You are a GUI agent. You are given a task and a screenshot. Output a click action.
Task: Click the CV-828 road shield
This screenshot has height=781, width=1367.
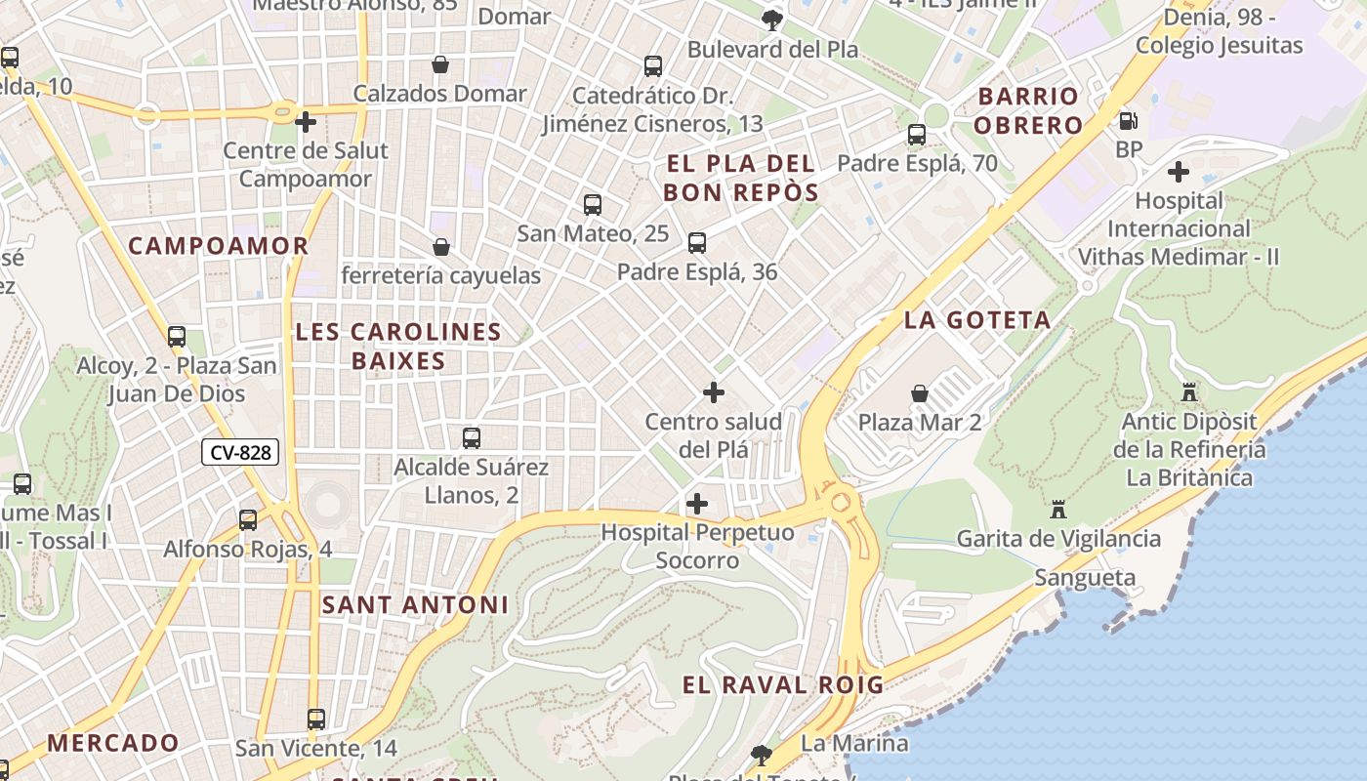coord(240,452)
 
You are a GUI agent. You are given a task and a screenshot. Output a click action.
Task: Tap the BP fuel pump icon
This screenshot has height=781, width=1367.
coord(1128,121)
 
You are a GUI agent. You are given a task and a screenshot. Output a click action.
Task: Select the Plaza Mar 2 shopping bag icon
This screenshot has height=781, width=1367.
coord(919,393)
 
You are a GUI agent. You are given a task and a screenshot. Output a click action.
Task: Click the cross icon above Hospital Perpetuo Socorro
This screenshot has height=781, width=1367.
coord(697,504)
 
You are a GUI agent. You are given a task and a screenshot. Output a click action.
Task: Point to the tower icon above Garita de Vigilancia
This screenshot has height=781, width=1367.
coord(1057,509)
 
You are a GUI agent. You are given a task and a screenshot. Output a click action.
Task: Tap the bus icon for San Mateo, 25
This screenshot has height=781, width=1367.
coord(592,205)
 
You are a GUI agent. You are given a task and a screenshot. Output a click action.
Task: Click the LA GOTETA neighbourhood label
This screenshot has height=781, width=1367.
coord(976,320)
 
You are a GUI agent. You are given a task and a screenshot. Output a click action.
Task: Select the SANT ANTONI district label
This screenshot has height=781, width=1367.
coord(415,604)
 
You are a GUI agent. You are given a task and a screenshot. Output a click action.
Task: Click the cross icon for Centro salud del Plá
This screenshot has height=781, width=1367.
coord(714,392)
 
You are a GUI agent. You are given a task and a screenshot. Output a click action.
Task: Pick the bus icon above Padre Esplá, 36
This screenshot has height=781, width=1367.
coord(696,243)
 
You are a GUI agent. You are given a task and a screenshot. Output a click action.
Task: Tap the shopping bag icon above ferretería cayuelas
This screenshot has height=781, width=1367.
coord(441,247)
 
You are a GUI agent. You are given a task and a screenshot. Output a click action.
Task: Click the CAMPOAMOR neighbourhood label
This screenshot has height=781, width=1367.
coord(218,246)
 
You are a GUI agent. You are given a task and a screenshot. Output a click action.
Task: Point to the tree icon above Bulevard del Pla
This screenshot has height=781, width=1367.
coord(771,20)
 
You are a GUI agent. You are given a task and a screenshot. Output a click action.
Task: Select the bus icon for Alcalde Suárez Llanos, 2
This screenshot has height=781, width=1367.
coord(472,438)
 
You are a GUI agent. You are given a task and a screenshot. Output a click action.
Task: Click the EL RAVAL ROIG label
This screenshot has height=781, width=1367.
coord(782,684)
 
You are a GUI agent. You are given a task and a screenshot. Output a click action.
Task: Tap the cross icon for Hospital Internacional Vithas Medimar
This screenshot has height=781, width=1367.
coord(1179,172)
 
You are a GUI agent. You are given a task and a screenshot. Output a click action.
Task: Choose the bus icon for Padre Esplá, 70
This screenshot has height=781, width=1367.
coord(916,135)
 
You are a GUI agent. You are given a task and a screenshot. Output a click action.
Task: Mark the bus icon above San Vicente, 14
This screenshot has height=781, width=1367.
coord(315,719)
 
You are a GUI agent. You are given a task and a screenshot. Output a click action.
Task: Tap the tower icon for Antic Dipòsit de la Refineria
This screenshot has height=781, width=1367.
coord(1189,392)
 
